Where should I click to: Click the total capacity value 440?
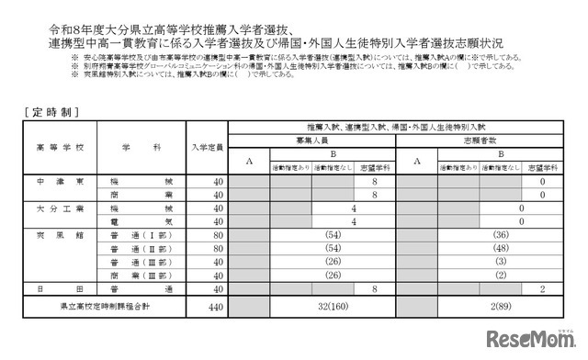(x=215, y=302)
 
